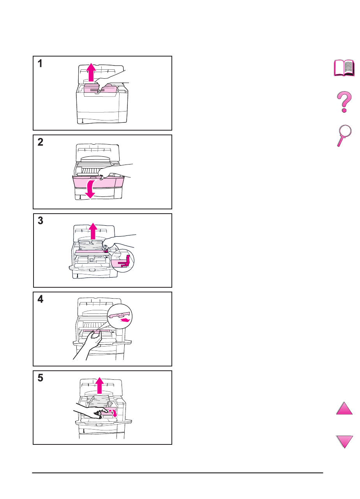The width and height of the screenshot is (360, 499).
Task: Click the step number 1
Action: point(40,64)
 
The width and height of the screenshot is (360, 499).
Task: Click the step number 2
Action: point(40,142)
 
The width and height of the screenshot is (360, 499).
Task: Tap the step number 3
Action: point(40,221)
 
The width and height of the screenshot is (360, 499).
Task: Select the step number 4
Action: point(40,299)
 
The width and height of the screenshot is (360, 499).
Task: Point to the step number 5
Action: point(40,378)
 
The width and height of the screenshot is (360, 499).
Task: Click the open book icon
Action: point(344,68)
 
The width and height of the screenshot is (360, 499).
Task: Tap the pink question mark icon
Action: point(344,102)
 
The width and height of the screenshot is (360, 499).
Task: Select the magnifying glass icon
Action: point(344,135)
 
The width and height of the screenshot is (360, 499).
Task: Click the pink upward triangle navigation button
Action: point(344,408)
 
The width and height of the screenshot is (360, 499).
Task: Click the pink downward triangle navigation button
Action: point(344,441)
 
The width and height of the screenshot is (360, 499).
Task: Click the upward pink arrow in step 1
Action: point(91,73)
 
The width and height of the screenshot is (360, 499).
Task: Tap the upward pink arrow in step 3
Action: point(93,231)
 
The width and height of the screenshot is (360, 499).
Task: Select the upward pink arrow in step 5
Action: point(99,386)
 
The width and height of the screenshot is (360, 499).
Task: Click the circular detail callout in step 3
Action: point(122,261)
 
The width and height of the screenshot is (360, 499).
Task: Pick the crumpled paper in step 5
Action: point(100,401)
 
